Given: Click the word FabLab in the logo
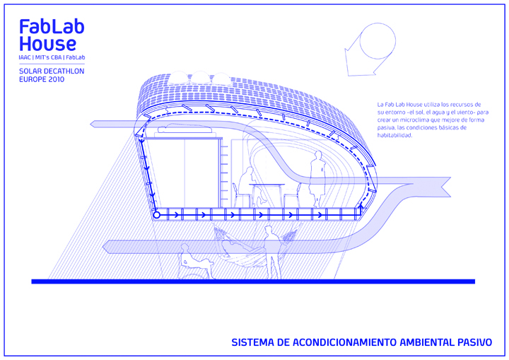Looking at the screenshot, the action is click(52, 27).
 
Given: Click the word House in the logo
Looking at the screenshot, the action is click(47, 44).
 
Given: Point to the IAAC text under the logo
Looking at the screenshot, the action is click(28, 57).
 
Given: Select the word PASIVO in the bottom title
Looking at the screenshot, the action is click(473, 342).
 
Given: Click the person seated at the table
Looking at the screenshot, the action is click(245, 185).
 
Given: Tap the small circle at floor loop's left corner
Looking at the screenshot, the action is click(157, 213).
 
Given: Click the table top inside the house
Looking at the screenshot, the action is click(267, 185).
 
